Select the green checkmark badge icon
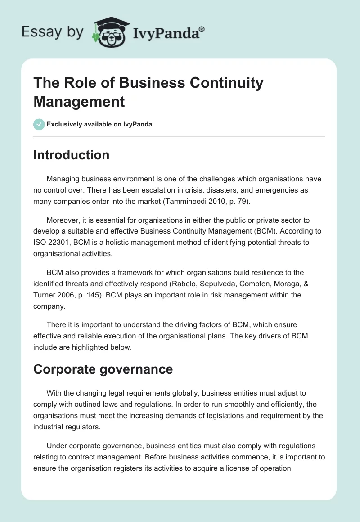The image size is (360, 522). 39,124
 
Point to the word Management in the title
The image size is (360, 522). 79,101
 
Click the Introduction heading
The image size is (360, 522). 71,155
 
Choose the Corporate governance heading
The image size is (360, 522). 103,369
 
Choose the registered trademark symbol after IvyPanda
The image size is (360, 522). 202,28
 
